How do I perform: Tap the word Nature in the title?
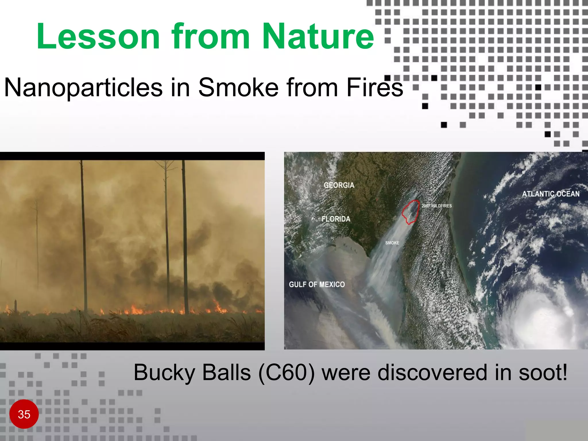pos(318,36)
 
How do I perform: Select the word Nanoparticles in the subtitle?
pos(83,88)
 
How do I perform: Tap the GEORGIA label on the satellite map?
pos(339,185)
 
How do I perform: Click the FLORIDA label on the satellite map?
pos(336,219)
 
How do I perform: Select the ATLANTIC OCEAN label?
pos(550,194)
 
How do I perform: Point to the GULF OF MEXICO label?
pos(317,285)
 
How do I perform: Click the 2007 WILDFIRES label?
pos(436,206)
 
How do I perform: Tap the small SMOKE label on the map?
pos(392,243)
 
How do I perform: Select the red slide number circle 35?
pos(24,414)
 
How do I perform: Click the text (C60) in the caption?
pos(286,373)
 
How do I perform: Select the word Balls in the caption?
pos(226,373)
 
